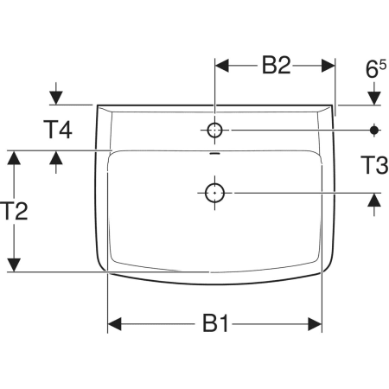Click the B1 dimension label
[x=215, y=323]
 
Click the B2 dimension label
[x=276, y=65]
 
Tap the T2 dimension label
[x=14, y=211]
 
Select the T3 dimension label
[x=374, y=165]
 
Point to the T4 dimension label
[x=58, y=130]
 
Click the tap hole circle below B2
[x=214, y=131]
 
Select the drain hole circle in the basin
[x=214, y=193]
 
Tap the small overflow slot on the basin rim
[x=214, y=153]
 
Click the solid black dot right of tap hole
[x=374, y=131]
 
